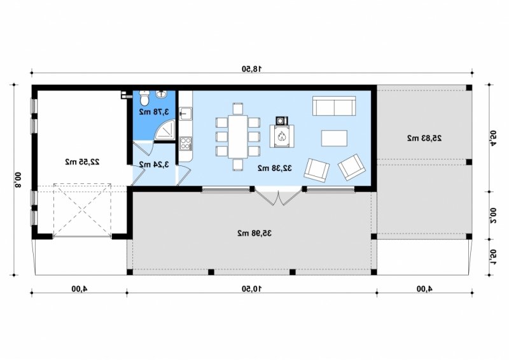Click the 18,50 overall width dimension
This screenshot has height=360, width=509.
pyautogui.click(x=252, y=69)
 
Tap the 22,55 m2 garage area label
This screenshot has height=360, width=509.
pyautogui.click(x=83, y=162)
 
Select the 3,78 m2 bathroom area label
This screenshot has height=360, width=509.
pyautogui.click(x=154, y=112)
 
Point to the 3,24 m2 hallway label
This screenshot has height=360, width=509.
pyautogui.click(x=154, y=165)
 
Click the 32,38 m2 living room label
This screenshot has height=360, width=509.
pyautogui.click(x=275, y=168)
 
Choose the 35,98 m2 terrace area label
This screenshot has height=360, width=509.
pyautogui.click(x=254, y=233)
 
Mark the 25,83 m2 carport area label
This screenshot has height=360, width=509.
pyautogui.click(x=424, y=138)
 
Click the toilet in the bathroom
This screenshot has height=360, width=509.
pyautogui.click(x=144, y=98)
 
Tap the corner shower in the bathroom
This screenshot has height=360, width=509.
pyautogui.click(x=165, y=130)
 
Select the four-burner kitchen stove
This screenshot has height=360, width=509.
pyautogui.click(x=186, y=143)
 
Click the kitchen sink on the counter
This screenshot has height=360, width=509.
pyautogui.click(x=186, y=114)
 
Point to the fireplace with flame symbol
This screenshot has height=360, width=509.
pyautogui.click(x=282, y=135)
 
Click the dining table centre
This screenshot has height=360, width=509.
pyautogui.click(x=238, y=136)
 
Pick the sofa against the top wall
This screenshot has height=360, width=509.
pyautogui.click(x=334, y=106)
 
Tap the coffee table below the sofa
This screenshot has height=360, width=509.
pyautogui.click(x=335, y=138)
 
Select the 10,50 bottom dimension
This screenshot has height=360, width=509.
pyautogui.click(x=252, y=289)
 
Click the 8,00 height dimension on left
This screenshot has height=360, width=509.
pyautogui.click(x=18, y=179)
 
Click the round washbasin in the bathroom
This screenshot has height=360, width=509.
pyautogui.click(x=161, y=95)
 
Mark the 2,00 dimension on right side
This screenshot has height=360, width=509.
pyautogui.click(x=493, y=216)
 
